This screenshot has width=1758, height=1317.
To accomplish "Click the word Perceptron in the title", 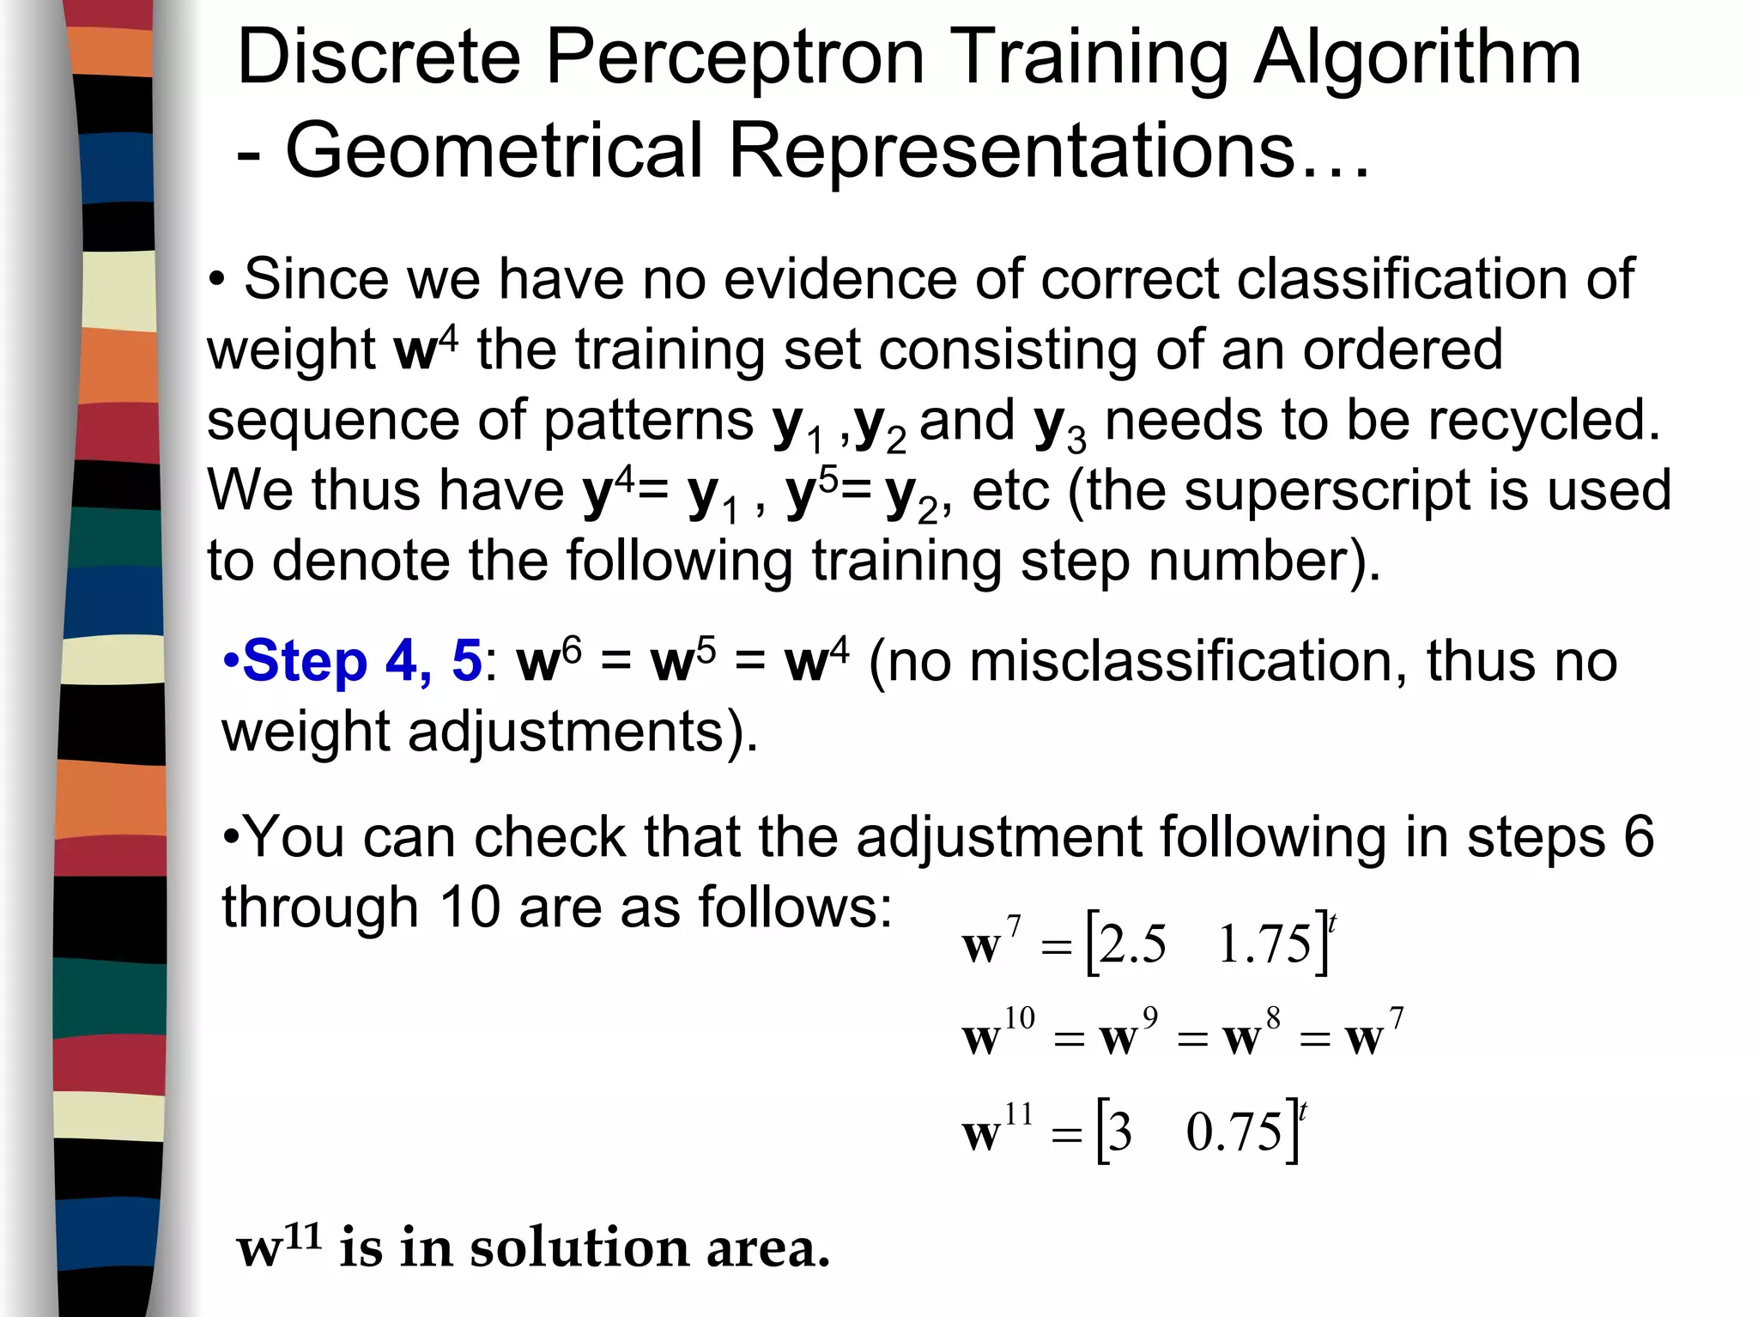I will pos(734,58).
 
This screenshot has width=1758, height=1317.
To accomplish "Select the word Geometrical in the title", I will pos(494,151).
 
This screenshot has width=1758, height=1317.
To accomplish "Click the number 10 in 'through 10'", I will pos(470,907).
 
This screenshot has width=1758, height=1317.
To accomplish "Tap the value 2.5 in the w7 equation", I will pos(1133,945).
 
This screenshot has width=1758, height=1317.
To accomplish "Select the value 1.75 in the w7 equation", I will pos(1264,945).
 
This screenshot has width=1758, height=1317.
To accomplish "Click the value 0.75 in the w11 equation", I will pos(1234,1132).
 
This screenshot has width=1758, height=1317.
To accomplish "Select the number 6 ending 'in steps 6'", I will pos(1638,837).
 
